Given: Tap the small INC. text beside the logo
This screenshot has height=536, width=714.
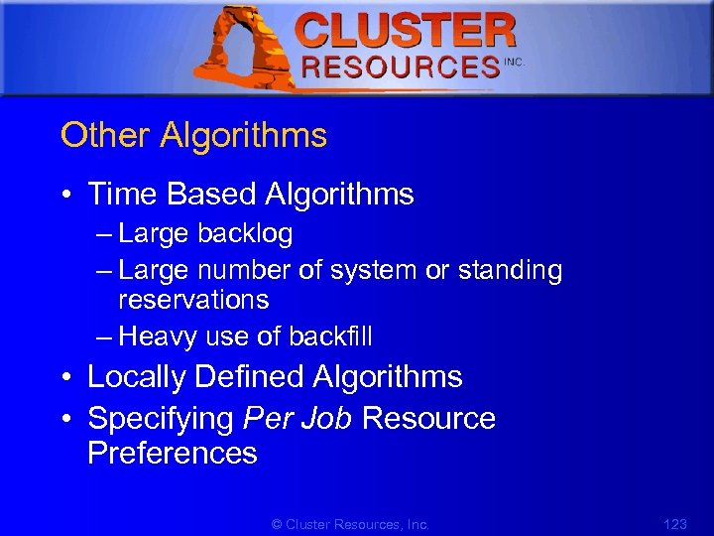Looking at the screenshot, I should tap(514, 62).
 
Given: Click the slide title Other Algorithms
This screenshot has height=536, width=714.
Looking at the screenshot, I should tap(193, 135).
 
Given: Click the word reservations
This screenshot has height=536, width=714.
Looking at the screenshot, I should tap(193, 299).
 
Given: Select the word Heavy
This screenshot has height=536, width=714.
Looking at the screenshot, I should tap(158, 336).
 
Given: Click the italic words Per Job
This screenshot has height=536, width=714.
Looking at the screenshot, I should tap(297, 418).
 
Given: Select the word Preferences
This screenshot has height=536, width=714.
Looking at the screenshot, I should tap(173, 454).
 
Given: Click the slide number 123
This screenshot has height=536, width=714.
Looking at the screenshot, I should tap(673, 523).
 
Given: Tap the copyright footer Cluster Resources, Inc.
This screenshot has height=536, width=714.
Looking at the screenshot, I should tap(352, 523).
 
